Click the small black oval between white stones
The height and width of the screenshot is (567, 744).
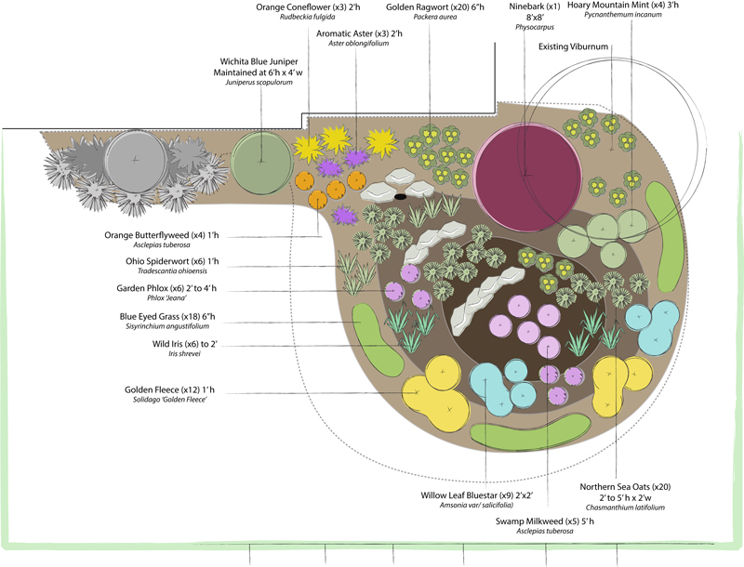click(x=400, y=198)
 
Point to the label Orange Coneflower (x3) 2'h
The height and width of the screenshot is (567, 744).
click(x=310, y=7)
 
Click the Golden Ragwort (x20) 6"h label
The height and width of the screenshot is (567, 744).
click(x=428, y=7)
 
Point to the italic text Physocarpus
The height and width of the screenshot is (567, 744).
click(x=534, y=28)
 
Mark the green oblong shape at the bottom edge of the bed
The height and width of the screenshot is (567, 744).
click(x=530, y=431)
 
